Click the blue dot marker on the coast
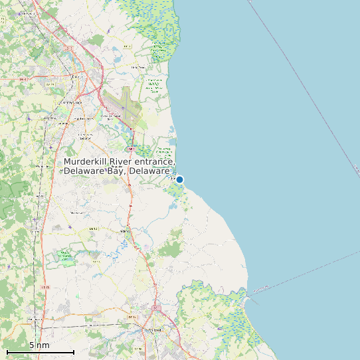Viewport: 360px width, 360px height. pyautogui.click(x=179, y=179)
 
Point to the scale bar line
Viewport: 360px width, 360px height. pyautogui.click(x=40, y=351)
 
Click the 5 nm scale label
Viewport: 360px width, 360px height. pyautogui.click(x=39, y=345)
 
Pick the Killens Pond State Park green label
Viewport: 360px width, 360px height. pyautogui.click(x=64, y=255)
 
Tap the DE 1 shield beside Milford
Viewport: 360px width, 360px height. pyautogui.click(x=155, y=308)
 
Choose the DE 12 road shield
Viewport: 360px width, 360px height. pyautogui.click(x=94, y=228)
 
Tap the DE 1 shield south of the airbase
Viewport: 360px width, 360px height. pyautogui.click(x=132, y=149)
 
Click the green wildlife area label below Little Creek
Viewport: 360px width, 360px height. pyautogui.click(x=155, y=85)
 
